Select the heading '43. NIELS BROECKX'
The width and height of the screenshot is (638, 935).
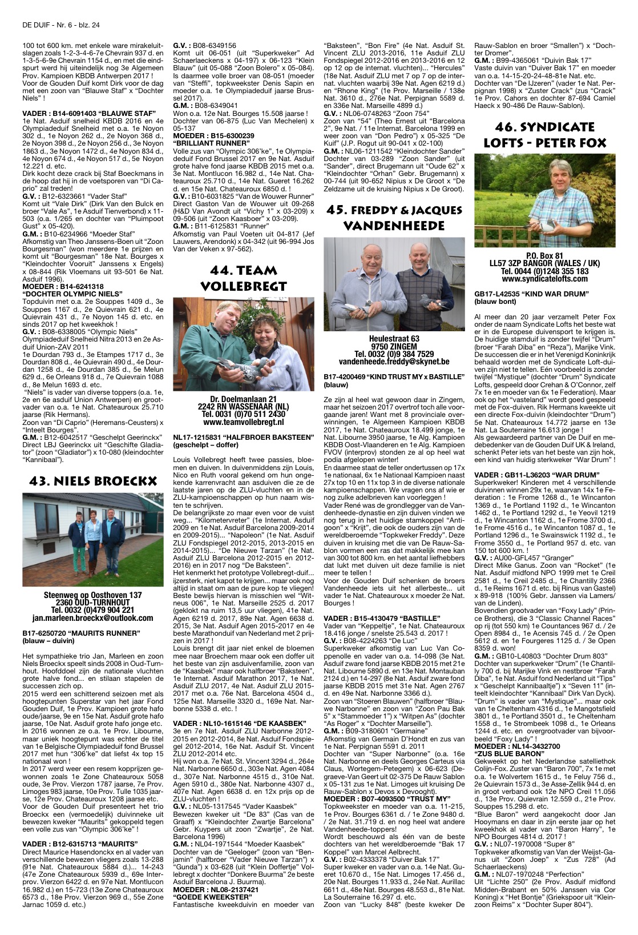92,481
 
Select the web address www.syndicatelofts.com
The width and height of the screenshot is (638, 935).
545,279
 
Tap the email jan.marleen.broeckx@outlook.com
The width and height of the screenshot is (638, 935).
92,617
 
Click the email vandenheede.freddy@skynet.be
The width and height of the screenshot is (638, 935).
394,362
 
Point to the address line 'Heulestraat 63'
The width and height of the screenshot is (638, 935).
394,339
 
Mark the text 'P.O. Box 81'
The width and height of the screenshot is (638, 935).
545,256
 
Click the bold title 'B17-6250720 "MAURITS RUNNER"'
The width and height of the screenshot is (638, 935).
81,633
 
